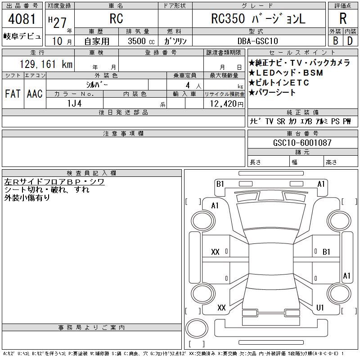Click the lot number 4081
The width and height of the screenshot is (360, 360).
coord(22,19)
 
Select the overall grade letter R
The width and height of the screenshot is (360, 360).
coord(343,18)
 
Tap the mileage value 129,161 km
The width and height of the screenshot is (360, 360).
coord(46,64)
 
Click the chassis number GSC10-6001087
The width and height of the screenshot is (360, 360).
coord(302,143)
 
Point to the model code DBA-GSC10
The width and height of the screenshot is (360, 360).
coord(257,41)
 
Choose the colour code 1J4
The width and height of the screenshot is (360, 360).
coord(74,103)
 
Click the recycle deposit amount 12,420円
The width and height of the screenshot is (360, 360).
coord(227,104)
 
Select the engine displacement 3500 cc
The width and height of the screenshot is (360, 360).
coord(141,41)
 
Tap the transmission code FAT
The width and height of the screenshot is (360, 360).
coord(13,94)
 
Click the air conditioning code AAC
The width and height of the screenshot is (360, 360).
coord(35,94)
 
